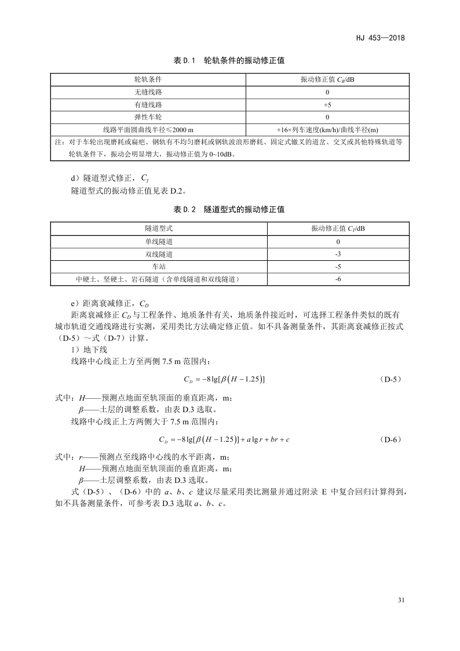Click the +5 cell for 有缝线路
[x=327, y=105]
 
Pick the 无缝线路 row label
[x=148, y=92]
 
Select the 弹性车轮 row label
[x=148, y=117]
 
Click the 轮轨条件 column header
[x=148, y=79]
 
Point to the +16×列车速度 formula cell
[x=327, y=129]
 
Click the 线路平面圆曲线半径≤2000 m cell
[x=148, y=129]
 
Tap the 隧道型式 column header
[x=159, y=228]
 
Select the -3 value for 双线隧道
[x=338, y=254]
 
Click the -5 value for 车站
[x=338, y=267]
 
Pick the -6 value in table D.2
[x=338, y=279]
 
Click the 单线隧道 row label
[x=159, y=241]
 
